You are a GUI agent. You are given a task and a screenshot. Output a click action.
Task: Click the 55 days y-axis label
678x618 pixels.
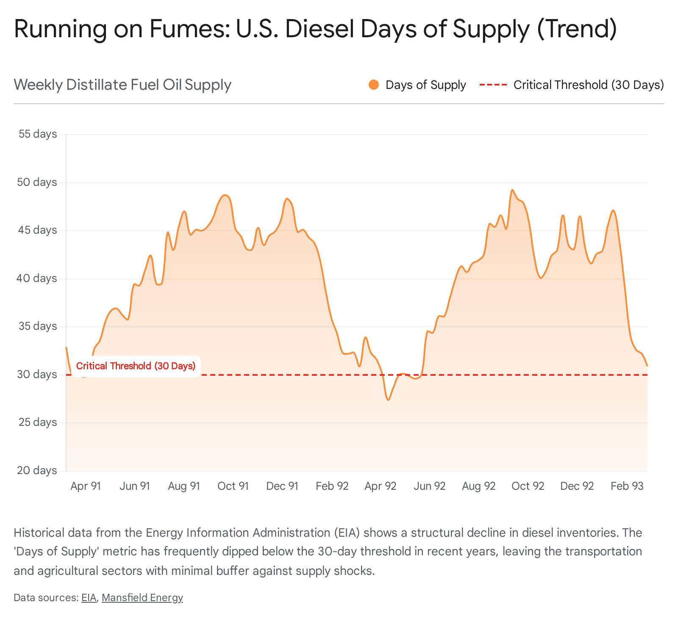tap(38, 134)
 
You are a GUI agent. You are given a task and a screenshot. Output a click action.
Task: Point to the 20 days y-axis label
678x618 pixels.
tap(38, 470)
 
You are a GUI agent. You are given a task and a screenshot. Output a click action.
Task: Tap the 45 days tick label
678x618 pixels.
tap(38, 230)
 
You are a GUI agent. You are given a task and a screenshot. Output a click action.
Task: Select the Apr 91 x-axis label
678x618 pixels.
tap(86, 486)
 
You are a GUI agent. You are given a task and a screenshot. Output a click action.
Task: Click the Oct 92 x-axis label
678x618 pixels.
tap(528, 486)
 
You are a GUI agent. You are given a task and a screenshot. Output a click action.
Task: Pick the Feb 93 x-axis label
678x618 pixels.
tap(627, 486)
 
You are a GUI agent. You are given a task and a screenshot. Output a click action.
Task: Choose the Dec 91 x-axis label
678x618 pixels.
tap(282, 486)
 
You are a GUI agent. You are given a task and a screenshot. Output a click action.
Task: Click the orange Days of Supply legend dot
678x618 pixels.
tap(374, 85)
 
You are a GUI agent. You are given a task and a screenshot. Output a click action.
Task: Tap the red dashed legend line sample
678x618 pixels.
tap(493, 85)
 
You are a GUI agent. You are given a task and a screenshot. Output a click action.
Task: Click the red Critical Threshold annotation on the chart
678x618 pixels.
tap(136, 366)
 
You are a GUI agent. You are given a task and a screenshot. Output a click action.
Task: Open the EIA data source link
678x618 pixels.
tap(89, 598)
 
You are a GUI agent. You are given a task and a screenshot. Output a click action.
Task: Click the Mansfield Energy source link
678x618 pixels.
tap(142, 598)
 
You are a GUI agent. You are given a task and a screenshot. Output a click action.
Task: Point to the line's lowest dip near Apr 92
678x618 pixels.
tap(388, 400)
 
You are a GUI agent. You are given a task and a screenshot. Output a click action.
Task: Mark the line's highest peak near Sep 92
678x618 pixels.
tap(512, 190)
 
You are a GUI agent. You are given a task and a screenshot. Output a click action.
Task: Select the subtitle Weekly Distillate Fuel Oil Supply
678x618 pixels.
tap(122, 85)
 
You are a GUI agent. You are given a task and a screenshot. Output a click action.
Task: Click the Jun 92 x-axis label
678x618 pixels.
tap(430, 486)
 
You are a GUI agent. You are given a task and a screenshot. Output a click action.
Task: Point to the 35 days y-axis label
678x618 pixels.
tap(38, 326)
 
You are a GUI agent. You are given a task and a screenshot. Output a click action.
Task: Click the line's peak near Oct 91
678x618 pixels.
tap(225, 195)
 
